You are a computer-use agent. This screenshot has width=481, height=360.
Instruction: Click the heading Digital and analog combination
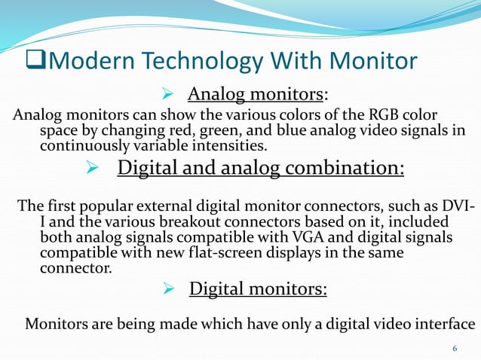(x=261, y=166)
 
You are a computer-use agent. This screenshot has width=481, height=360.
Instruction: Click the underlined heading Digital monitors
(x=257, y=289)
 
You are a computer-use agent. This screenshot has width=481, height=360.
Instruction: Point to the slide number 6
(x=455, y=348)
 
